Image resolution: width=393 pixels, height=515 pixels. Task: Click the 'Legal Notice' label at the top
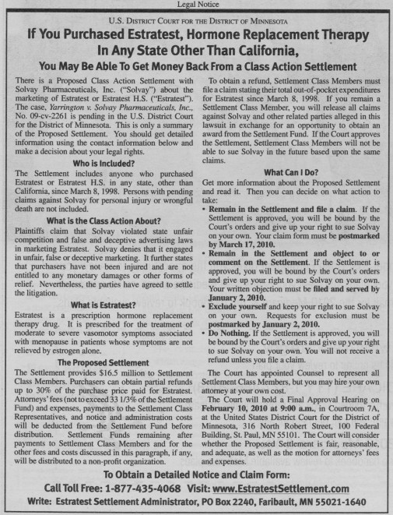[196, 5]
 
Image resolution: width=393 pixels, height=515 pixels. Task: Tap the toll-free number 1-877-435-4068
[154, 481]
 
